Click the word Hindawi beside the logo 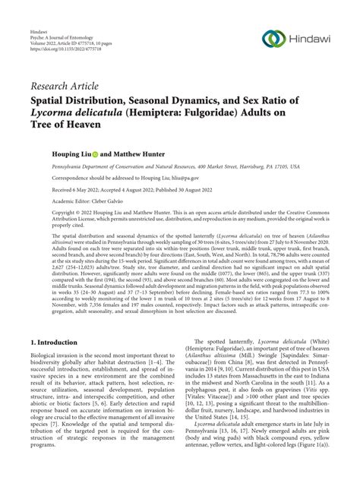point(311,39)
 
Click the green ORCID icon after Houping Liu point(97,153)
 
